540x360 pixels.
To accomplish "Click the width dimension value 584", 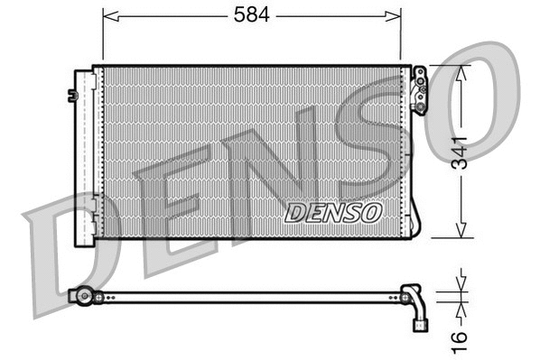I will click(253, 15).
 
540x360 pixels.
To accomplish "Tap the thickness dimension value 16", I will click(461, 337).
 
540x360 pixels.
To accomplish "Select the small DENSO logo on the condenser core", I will click(333, 212).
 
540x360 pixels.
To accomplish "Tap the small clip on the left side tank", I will click(71, 94).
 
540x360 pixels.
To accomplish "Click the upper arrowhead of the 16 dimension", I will click(461, 285).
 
